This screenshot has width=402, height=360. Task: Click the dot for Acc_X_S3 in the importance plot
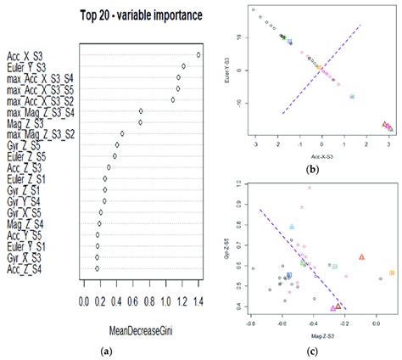pos(198,56)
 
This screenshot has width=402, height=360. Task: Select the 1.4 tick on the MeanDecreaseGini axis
pos(198,301)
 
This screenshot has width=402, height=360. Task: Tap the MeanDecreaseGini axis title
pos(140,328)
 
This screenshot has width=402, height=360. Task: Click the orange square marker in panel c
pos(391,273)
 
